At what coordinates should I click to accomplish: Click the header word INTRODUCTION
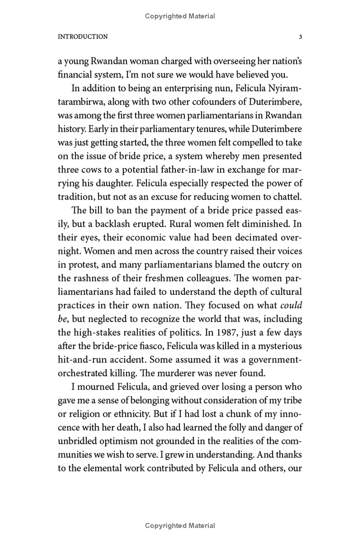(x=83, y=37)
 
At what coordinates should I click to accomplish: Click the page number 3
(x=300, y=37)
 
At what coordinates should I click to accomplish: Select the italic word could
(x=291, y=305)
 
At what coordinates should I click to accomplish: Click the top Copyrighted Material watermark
(x=180, y=16)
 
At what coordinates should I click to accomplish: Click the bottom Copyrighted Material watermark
(x=180, y=526)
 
